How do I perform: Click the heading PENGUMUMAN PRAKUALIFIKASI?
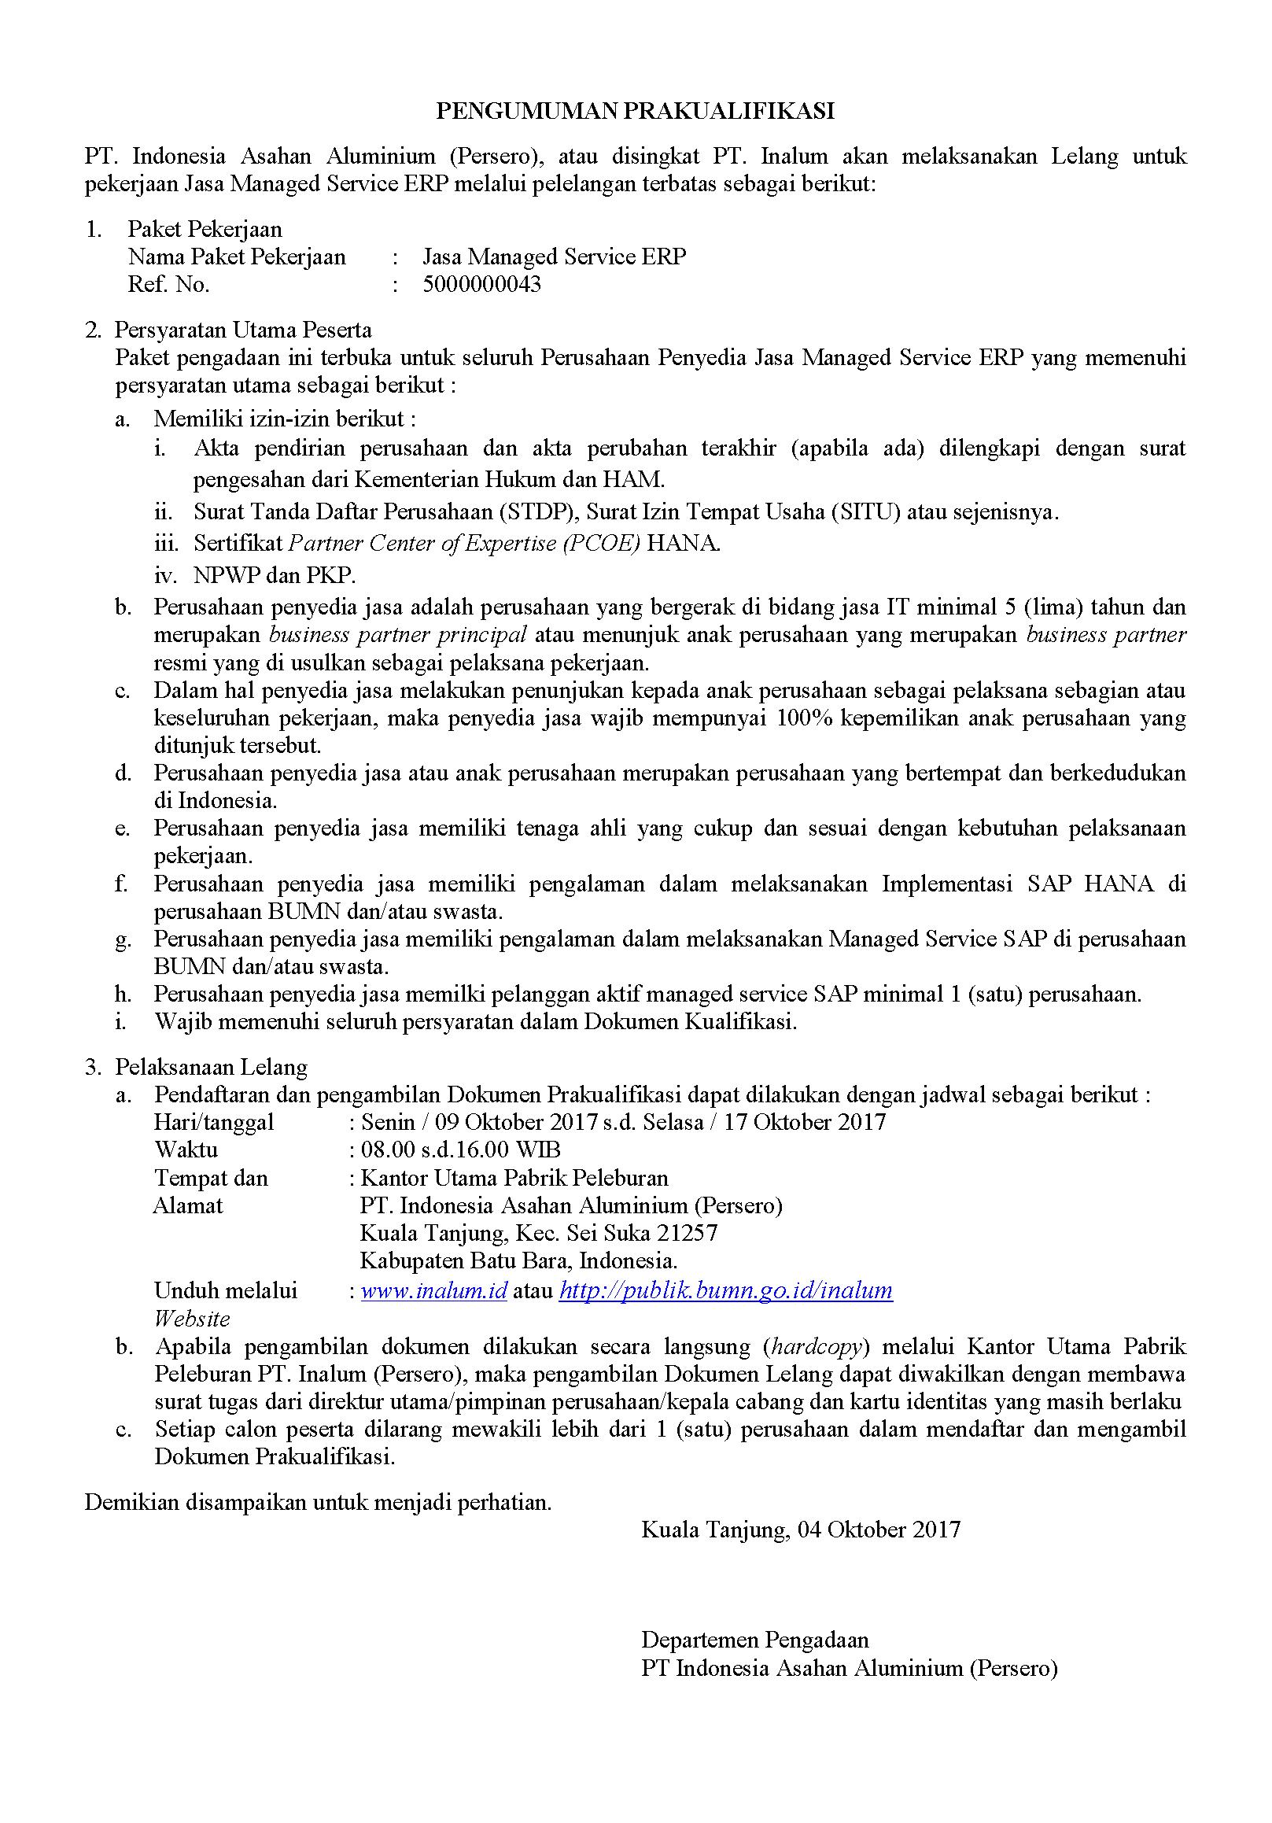click(x=635, y=110)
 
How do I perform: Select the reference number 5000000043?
click(x=481, y=284)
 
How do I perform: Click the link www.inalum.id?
click(x=433, y=1290)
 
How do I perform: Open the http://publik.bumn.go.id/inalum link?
click(x=726, y=1290)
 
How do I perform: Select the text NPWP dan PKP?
click(x=275, y=575)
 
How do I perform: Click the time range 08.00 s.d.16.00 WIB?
click(x=460, y=1150)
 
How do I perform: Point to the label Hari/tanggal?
click(x=214, y=1122)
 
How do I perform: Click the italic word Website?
click(x=192, y=1319)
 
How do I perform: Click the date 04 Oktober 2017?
click(x=879, y=1530)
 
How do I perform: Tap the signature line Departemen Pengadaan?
click(x=754, y=1640)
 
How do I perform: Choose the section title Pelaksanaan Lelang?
click(x=211, y=1066)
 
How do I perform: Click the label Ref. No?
click(x=168, y=284)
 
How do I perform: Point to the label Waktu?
click(x=186, y=1150)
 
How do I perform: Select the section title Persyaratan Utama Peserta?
click(x=243, y=330)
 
